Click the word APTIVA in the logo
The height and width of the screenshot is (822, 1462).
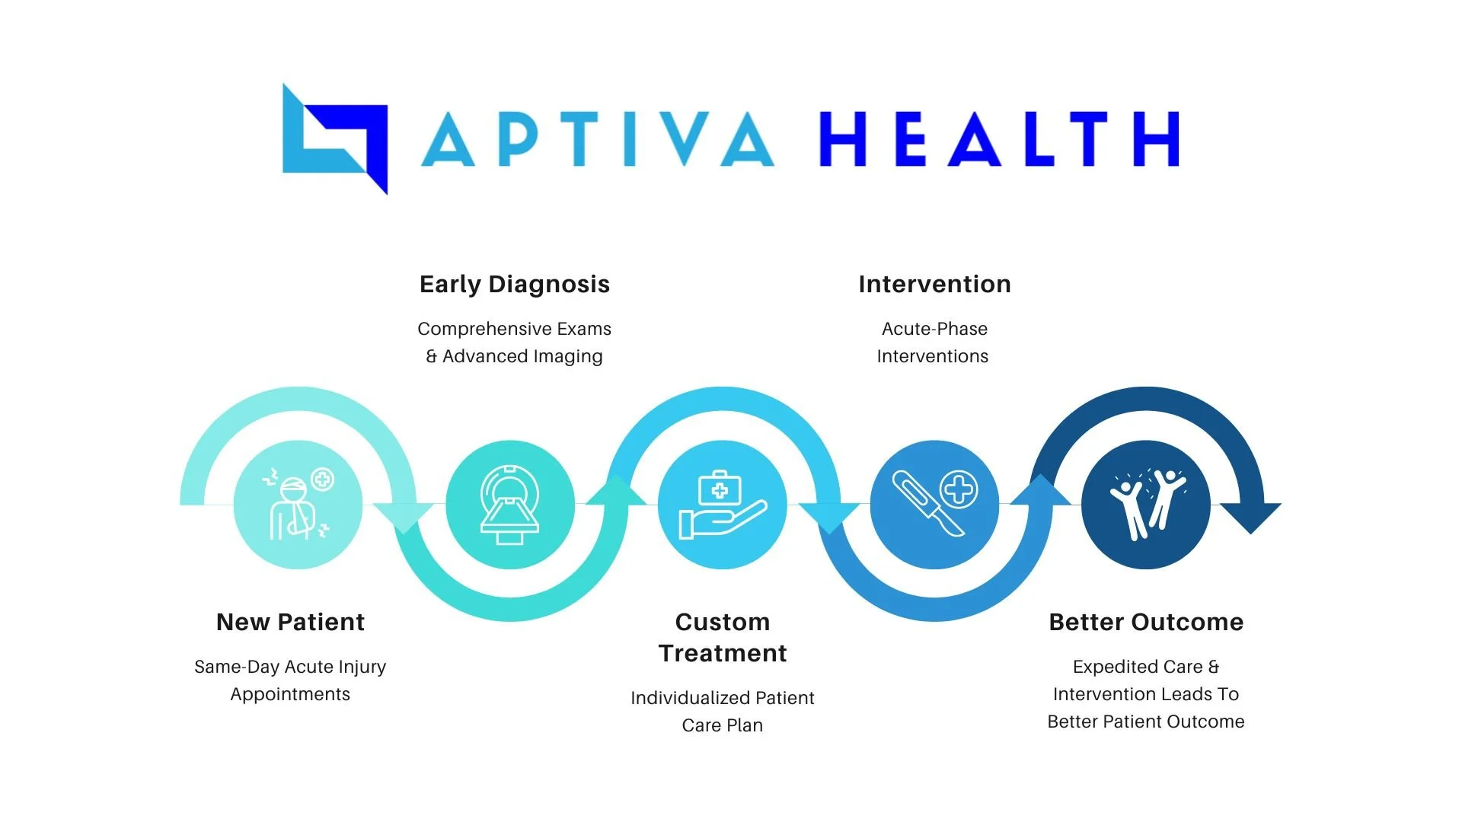[x=598, y=139]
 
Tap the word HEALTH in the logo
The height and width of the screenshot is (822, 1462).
[x=999, y=139]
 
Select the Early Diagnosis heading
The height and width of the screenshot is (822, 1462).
[x=515, y=285]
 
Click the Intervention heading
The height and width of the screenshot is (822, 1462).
[x=934, y=285]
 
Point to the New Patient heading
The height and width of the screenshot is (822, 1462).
[x=290, y=623]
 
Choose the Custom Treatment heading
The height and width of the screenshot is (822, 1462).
[x=723, y=638]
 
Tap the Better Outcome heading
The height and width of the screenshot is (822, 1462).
[x=1146, y=623]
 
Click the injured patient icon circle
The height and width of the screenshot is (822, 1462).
[x=298, y=505]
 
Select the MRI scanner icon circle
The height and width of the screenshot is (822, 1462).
[x=510, y=505]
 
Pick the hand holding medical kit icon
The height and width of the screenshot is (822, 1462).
[x=722, y=505]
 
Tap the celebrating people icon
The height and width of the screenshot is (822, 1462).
[x=1146, y=505]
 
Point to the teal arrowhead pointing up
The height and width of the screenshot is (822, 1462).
[x=617, y=491]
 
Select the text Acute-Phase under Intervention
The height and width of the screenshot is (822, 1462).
[x=934, y=330]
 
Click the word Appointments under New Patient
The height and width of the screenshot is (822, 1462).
[x=290, y=695]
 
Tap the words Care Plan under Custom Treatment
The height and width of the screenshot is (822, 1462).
[x=723, y=726]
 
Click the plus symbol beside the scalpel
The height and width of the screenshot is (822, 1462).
[x=959, y=489]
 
